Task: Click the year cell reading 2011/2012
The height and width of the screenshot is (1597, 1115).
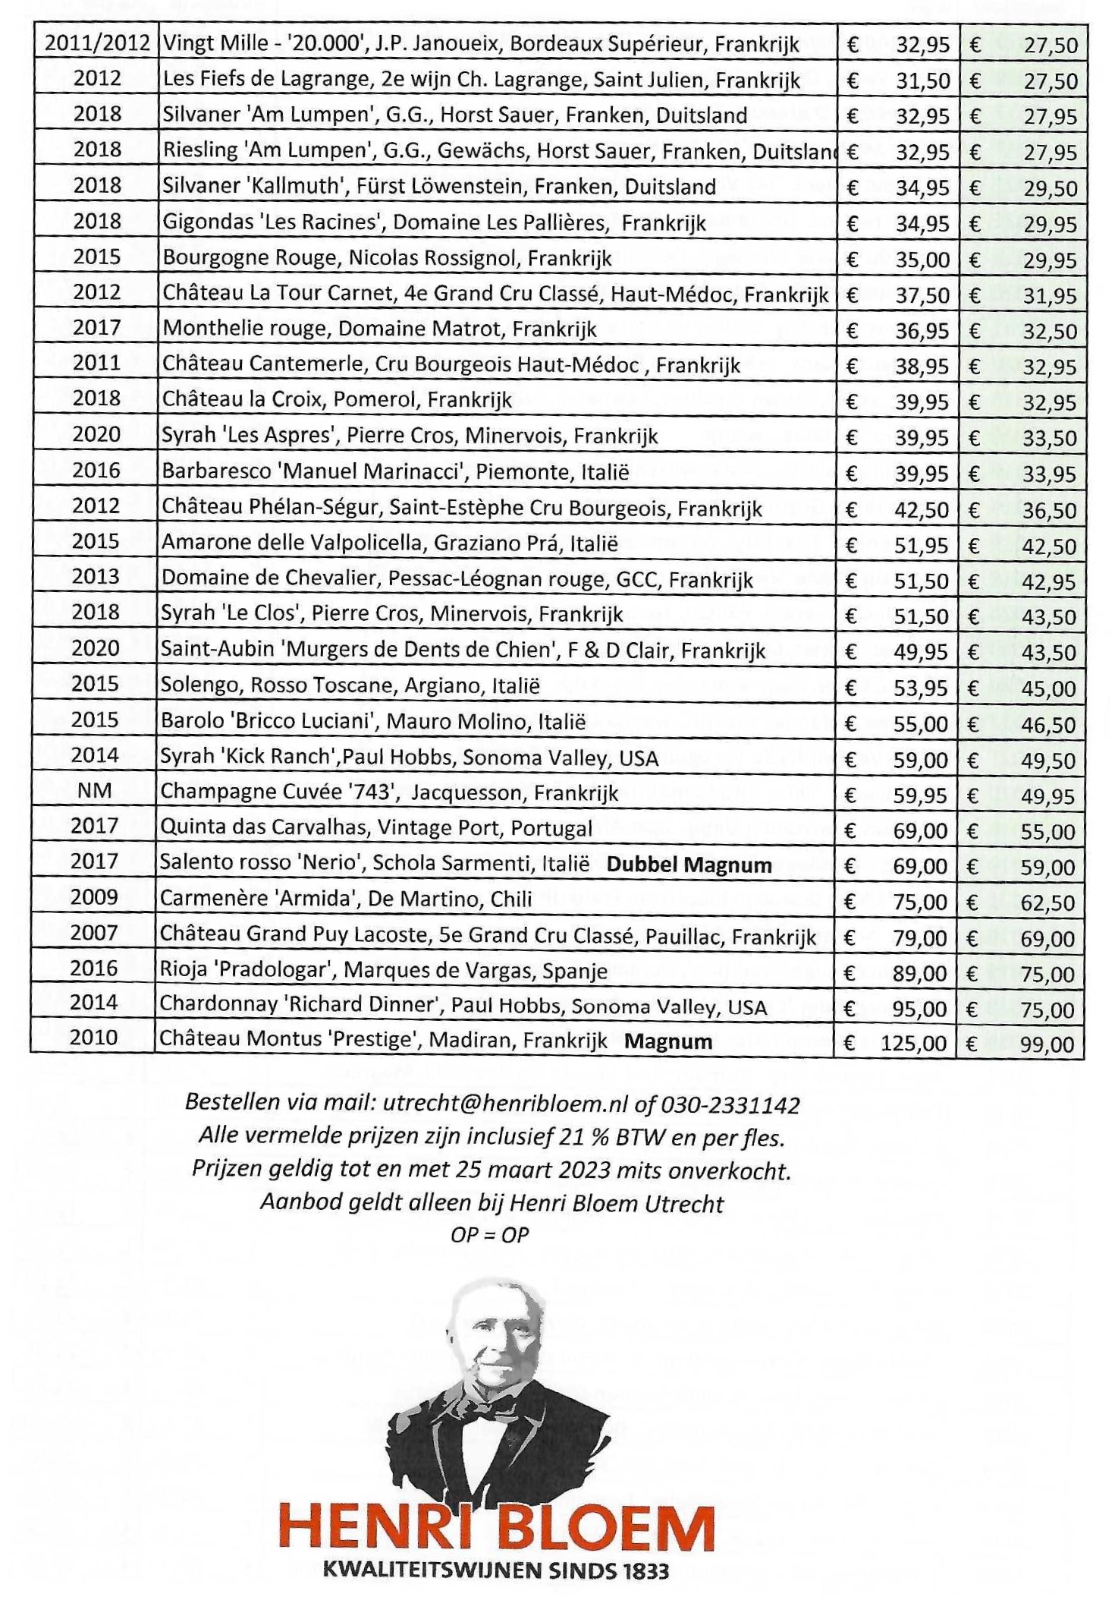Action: click(x=97, y=43)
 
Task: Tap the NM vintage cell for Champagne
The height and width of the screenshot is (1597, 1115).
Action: click(x=95, y=791)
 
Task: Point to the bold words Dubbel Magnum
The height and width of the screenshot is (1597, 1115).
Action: click(x=689, y=865)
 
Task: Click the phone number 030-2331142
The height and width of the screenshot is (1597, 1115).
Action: click(x=730, y=1104)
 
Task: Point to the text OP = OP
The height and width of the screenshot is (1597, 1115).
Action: click(x=489, y=1235)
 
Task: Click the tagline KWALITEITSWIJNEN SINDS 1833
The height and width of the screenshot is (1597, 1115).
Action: click(x=496, y=1569)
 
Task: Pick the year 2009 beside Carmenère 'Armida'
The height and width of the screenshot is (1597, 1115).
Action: click(x=95, y=897)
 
